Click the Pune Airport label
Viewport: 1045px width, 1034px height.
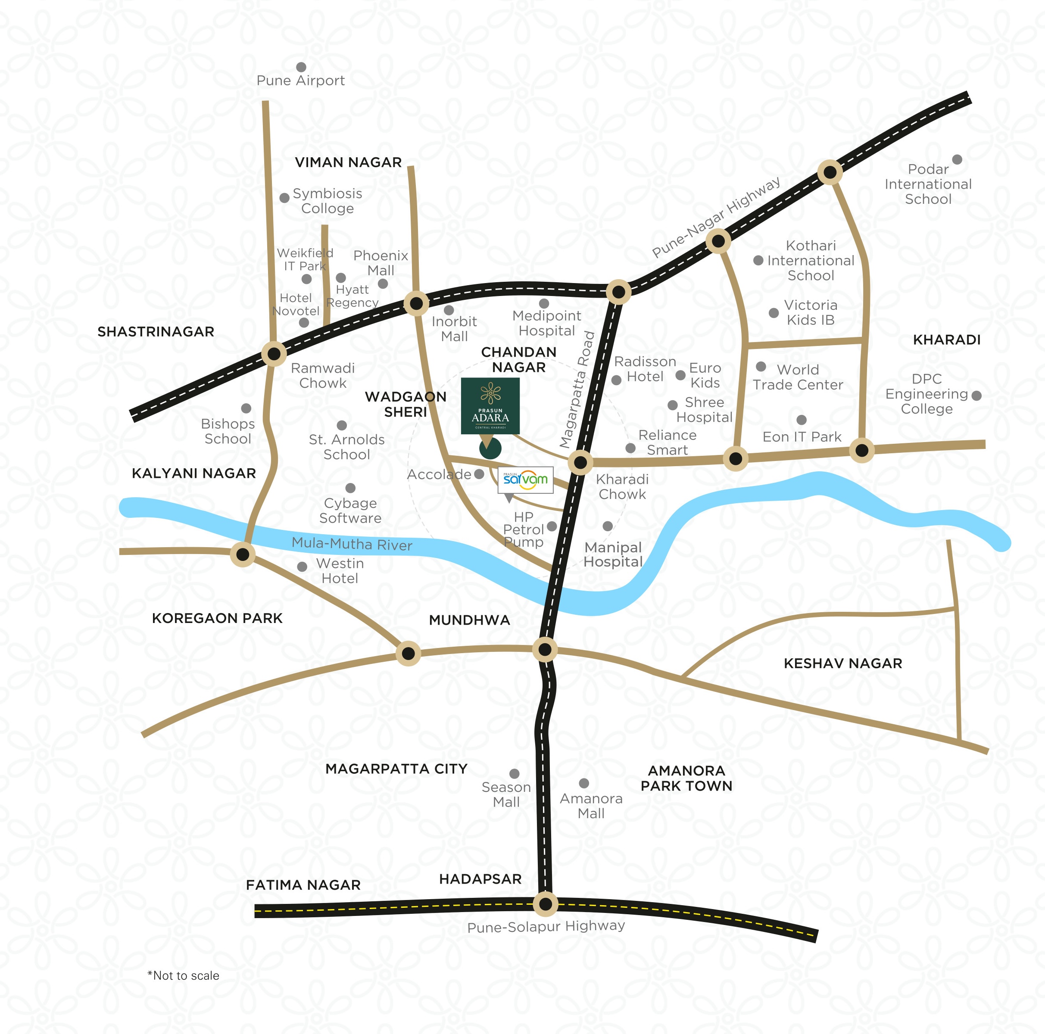300,81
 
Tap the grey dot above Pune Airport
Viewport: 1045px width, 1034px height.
301,67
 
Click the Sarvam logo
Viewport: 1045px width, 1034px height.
525,479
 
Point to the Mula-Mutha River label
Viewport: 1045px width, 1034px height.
352,544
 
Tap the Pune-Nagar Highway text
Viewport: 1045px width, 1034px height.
716,217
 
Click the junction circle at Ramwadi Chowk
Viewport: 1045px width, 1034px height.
274,354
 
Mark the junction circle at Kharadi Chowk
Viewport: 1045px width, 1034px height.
580,462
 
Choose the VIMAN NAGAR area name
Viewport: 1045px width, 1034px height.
348,162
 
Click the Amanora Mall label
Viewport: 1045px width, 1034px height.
591,806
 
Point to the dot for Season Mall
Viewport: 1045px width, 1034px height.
515,774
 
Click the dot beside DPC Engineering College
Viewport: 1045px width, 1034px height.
976,396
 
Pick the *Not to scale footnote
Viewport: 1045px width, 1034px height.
184,975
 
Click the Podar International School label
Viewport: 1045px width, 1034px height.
928,184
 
